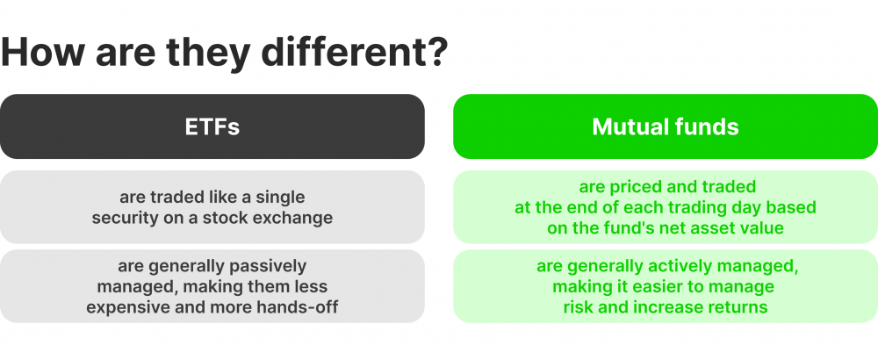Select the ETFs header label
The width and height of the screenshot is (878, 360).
pos(212,126)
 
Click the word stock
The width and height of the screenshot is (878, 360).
pos(234,217)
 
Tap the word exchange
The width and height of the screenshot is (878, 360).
pos(297,217)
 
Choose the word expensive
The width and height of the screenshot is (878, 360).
pos(128,306)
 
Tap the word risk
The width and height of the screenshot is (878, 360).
pos(579,306)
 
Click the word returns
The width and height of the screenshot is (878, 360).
pos(738,306)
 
